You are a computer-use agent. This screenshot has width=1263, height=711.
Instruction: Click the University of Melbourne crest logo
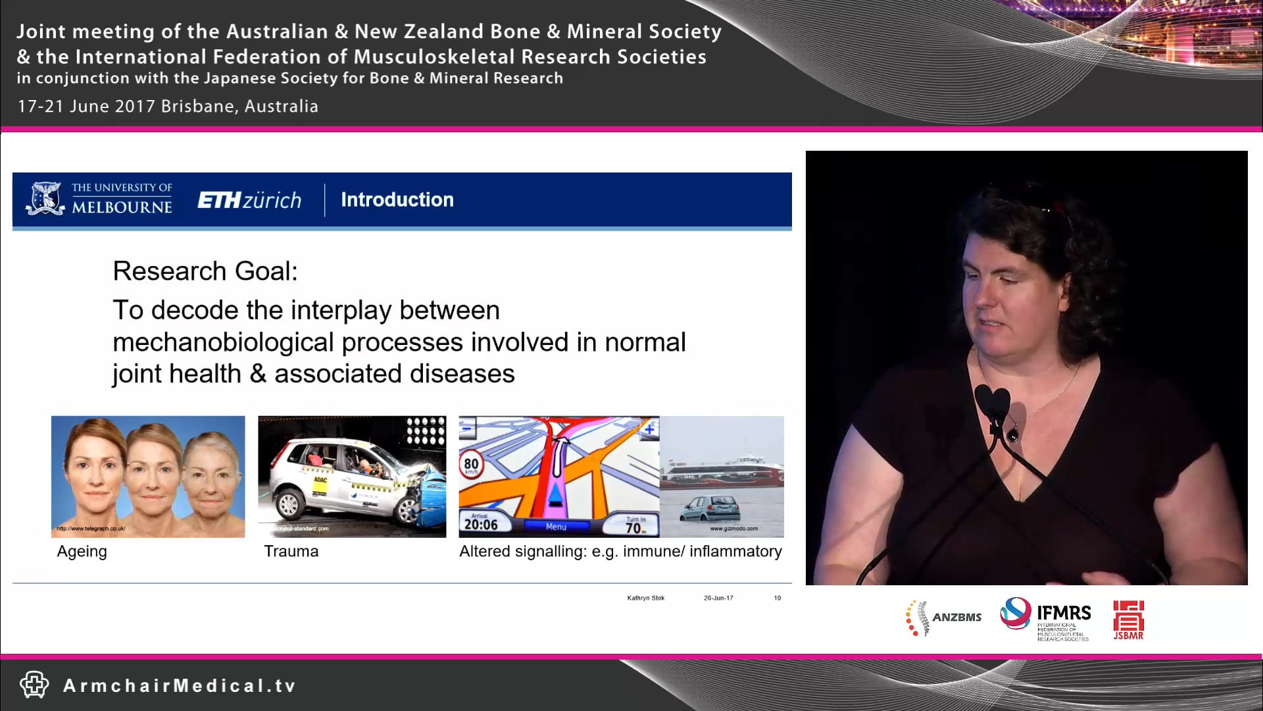pos(45,199)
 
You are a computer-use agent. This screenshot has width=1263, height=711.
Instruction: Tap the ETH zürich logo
pos(249,200)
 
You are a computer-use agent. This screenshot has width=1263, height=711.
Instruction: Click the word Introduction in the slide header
pos(397,200)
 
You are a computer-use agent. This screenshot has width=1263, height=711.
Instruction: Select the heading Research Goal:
pos(205,271)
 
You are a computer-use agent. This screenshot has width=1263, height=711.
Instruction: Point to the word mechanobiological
pos(223,342)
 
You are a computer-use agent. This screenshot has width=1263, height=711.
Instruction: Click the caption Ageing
pos(82,552)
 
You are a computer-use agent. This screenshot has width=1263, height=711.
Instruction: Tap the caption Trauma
pos(291,552)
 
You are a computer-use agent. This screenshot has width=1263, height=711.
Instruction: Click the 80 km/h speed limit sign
pos(471,464)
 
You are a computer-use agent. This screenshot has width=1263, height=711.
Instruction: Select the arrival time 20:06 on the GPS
pos(481,524)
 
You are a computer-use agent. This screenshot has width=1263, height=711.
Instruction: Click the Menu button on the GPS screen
pos(556,527)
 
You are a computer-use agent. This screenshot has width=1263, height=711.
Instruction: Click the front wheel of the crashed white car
pos(407,508)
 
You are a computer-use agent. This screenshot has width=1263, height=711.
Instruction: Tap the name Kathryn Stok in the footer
pos(645,598)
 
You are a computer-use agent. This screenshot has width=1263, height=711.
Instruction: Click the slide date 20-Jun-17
pos(718,598)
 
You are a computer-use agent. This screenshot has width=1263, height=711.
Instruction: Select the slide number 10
pos(778,598)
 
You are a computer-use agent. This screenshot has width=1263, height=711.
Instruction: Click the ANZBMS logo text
pos(956,618)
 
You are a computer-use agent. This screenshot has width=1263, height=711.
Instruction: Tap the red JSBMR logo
pos(1128,619)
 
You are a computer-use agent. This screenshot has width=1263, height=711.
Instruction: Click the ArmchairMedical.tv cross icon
pos(34,685)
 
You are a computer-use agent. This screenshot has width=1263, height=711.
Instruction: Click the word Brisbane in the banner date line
pos(197,106)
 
